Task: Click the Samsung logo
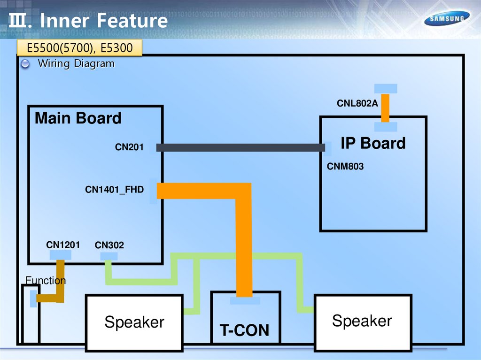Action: (447, 19)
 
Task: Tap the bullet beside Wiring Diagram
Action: (26, 64)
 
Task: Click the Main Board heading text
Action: (78, 118)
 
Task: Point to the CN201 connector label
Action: (129, 148)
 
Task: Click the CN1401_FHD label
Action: (114, 190)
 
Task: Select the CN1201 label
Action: (63, 245)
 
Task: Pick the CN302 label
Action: (109, 245)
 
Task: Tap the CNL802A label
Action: (357, 103)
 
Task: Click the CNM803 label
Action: (345, 166)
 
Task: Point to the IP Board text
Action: (373, 143)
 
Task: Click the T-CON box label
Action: (245, 330)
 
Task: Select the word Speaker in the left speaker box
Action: (134, 322)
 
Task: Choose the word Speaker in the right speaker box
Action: (362, 321)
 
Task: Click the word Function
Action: (46, 281)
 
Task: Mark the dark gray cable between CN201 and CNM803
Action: (240, 148)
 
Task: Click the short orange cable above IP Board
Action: (385, 108)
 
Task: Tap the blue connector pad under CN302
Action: (109, 256)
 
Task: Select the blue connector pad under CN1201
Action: (61, 255)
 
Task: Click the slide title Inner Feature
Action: (103, 21)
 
